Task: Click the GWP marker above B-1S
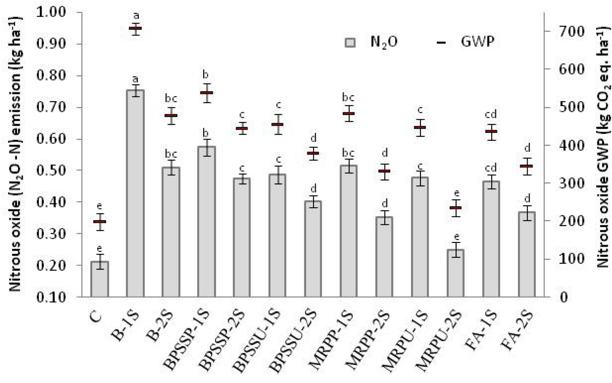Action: coord(135,28)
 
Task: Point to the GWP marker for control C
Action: coord(100,222)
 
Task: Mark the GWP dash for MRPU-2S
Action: coord(455,208)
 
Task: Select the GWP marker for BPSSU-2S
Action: coord(313,153)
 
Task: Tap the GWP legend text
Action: coord(478,42)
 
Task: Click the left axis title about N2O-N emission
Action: coord(15,155)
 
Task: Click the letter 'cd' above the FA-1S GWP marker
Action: coord(491,115)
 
